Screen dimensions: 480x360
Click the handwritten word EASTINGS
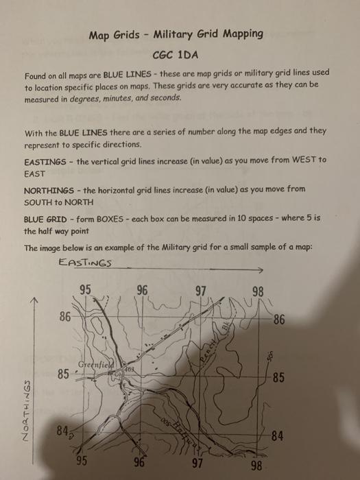pos(86,262)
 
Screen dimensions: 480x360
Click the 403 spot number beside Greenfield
pos(128,370)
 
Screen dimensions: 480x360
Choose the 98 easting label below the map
pos(256,466)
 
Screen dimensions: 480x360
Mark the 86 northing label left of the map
pos(65,317)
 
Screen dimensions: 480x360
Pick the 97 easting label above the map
pos(201,289)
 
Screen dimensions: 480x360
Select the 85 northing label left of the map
pos(63,374)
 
